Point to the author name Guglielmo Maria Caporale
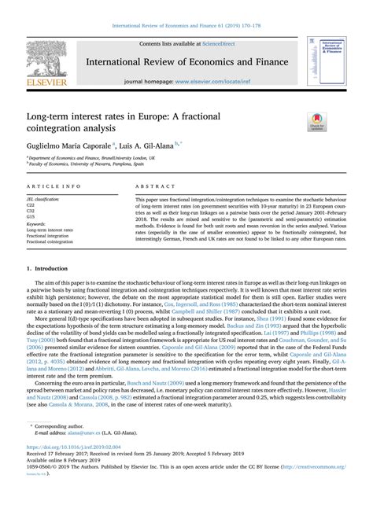click(67, 146)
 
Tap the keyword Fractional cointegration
click(53, 241)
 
